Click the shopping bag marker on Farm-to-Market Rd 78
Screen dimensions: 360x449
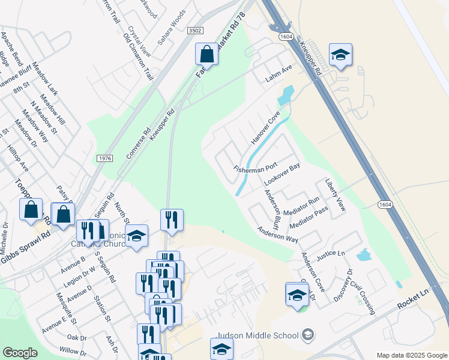tap(206, 54)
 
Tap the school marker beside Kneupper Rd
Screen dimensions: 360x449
tap(340, 55)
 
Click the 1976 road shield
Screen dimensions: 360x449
tap(104, 157)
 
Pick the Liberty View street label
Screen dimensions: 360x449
tap(336, 194)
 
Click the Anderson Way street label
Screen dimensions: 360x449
tap(277, 234)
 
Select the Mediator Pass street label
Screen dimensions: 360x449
tap(309, 219)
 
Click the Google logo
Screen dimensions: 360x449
tap(20, 353)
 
